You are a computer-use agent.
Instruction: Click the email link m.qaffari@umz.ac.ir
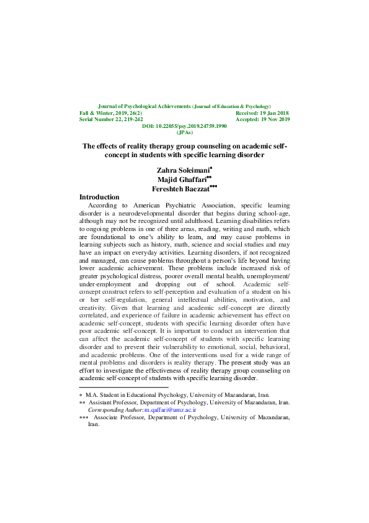click(170, 411)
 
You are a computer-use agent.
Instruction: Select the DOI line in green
click(185, 126)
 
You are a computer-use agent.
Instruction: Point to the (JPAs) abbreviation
click(185, 132)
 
